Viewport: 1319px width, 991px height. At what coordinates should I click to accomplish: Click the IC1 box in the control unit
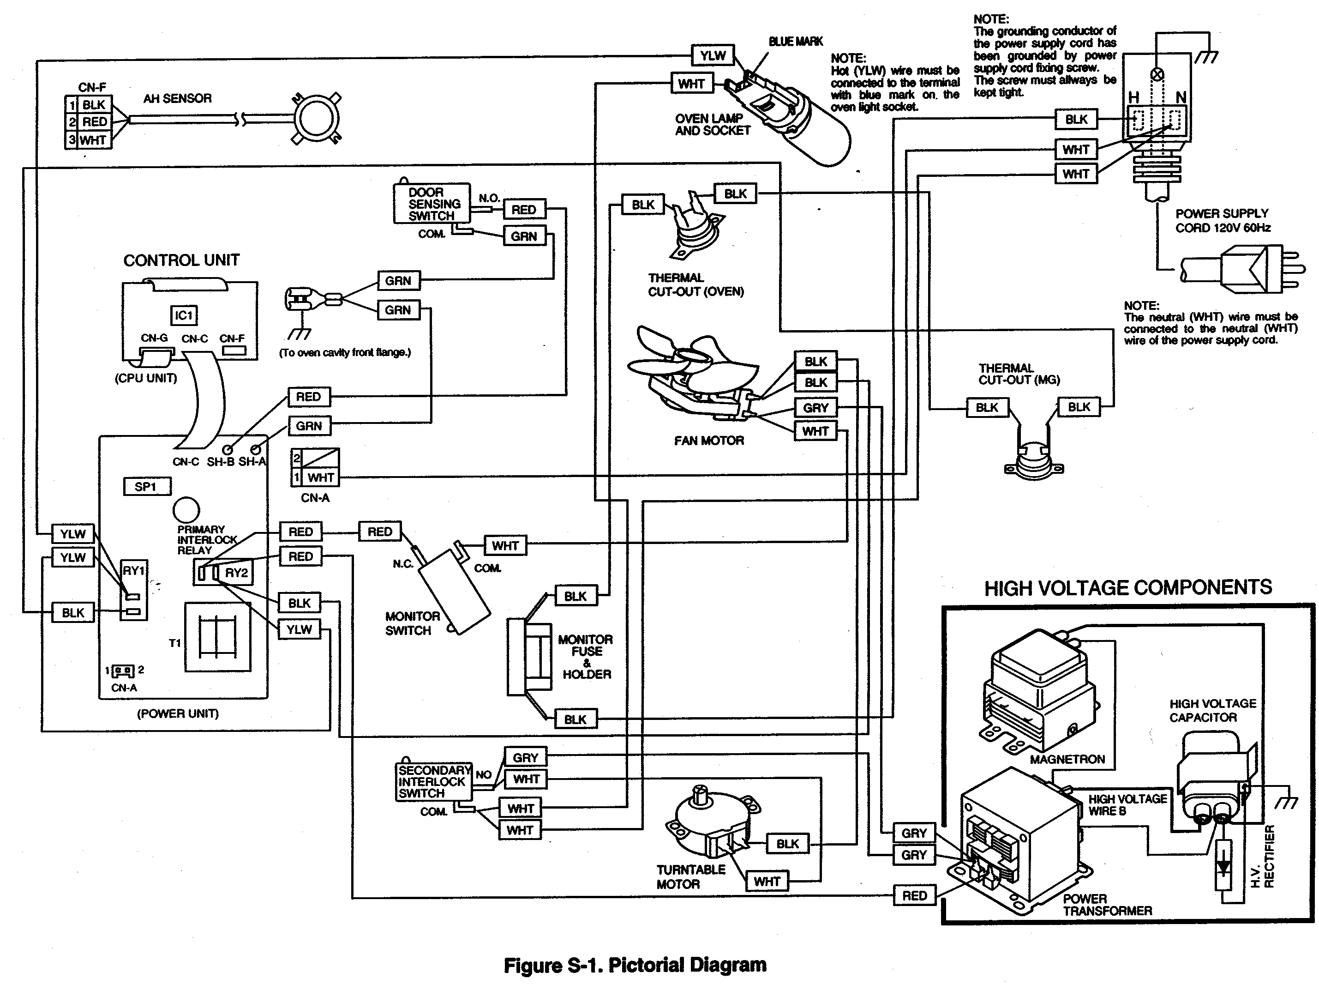point(184,315)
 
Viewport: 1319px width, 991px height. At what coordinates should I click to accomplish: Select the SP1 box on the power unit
point(147,486)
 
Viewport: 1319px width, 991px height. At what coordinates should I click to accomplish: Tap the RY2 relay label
point(236,573)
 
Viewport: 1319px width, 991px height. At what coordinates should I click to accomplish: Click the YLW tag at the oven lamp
point(713,55)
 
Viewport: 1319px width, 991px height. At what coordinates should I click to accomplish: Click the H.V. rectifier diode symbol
point(1223,865)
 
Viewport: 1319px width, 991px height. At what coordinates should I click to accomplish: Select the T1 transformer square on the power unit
point(217,637)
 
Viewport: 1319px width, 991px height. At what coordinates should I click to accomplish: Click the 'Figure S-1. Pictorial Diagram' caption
point(635,965)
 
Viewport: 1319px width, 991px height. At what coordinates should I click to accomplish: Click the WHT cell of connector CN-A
point(320,477)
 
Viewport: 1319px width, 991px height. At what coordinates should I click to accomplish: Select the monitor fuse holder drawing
point(529,656)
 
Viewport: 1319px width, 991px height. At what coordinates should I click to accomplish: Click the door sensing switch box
point(432,204)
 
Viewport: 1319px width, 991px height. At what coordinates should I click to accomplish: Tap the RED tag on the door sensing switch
point(523,209)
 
